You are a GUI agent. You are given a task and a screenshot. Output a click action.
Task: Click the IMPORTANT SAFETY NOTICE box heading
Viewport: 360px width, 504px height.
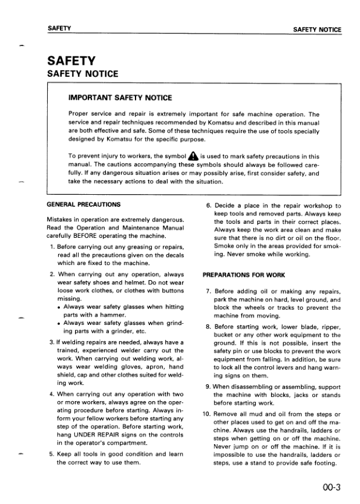click(120, 97)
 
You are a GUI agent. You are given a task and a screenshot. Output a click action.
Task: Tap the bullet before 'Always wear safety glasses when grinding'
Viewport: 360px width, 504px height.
click(58, 324)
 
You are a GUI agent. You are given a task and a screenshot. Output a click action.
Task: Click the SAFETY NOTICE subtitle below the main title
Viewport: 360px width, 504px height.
click(83, 74)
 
